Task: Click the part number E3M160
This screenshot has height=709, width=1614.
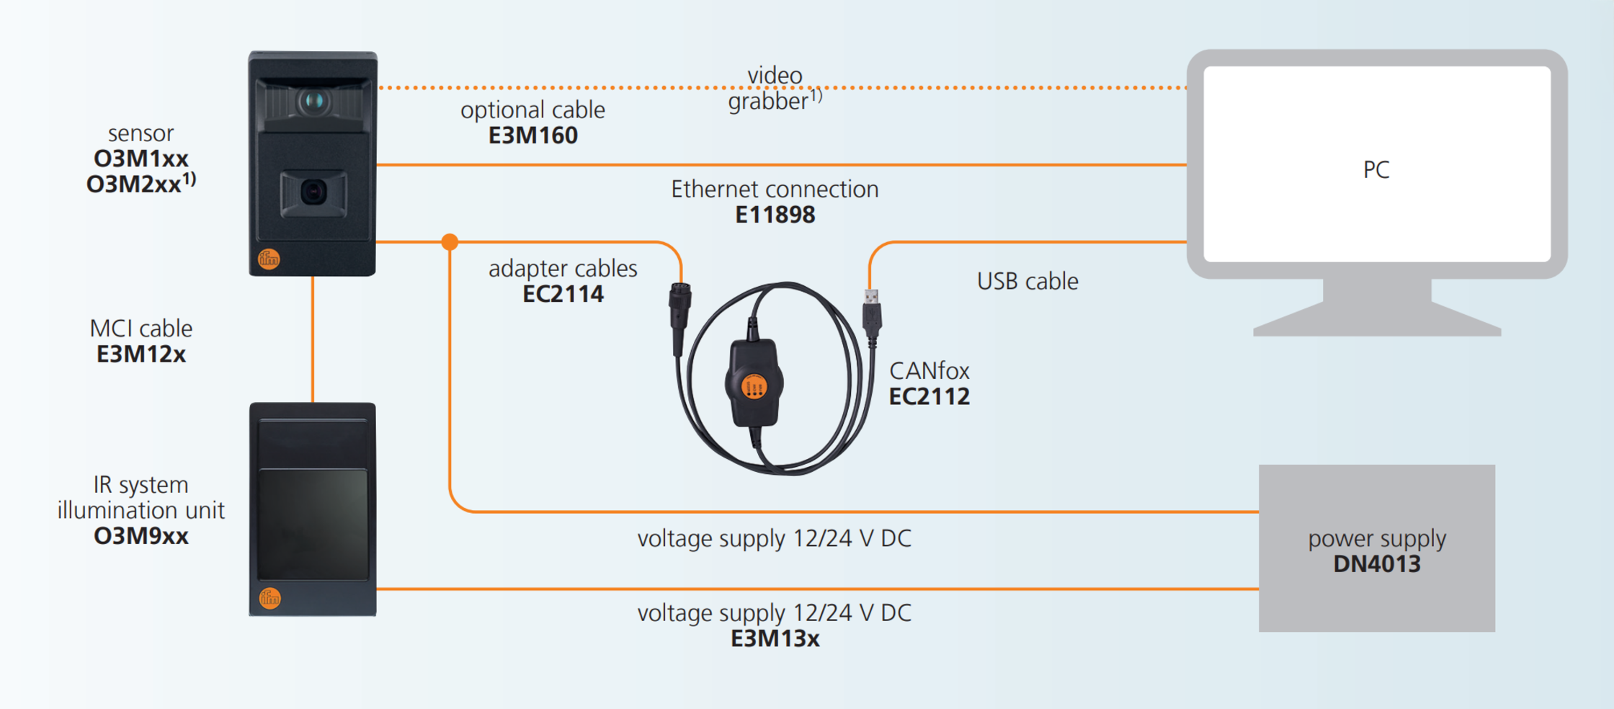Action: tap(532, 135)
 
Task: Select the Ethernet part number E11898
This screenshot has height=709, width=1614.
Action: tap(775, 215)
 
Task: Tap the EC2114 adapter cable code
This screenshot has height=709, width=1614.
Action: tap(563, 294)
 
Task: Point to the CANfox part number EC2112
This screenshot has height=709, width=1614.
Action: tap(929, 396)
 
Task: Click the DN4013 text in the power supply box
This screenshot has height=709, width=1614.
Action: tap(1376, 563)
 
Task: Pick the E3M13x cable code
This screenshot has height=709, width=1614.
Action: tap(775, 638)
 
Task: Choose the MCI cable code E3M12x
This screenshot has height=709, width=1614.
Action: tap(141, 354)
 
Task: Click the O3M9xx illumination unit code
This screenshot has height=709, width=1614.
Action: tap(141, 536)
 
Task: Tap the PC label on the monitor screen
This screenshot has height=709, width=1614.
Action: tap(1376, 170)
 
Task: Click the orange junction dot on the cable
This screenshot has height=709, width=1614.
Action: tap(450, 242)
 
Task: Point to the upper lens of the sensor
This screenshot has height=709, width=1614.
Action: tap(313, 100)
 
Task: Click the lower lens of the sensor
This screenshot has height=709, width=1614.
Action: tap(313, 192)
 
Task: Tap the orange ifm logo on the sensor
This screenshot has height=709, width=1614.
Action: tap(269, 259)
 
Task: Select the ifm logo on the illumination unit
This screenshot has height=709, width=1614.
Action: tap(270, 598)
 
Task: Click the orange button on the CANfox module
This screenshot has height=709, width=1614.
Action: tap(754, 387)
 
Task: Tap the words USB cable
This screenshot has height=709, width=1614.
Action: tap(1027, 281)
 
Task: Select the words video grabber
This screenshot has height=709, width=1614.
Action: tap(775, 88)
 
